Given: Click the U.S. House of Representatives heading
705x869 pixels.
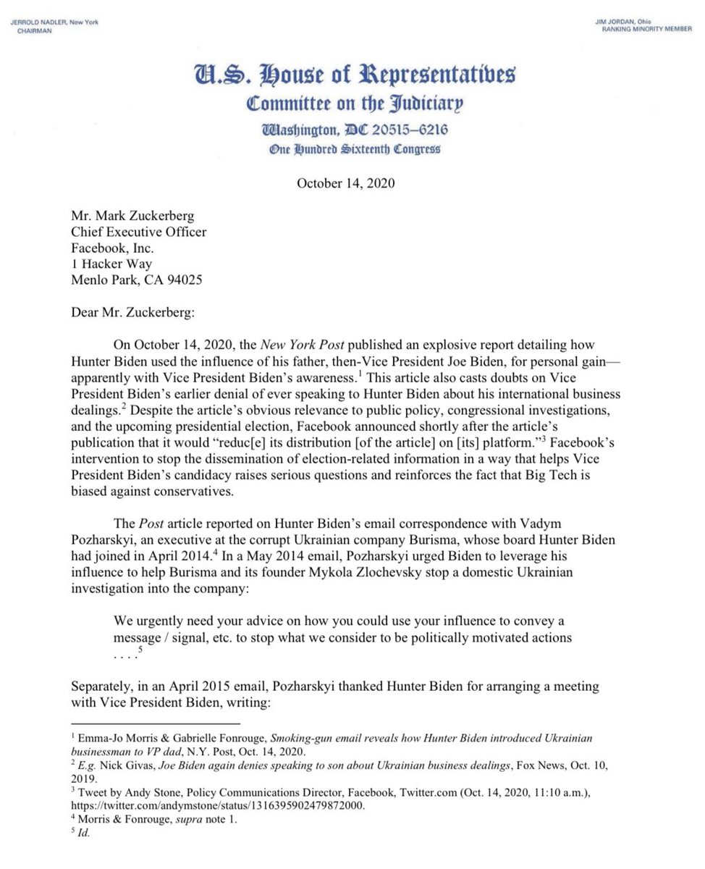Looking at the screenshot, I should coord(353,75).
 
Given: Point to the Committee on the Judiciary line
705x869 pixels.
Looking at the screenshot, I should coord(353,105).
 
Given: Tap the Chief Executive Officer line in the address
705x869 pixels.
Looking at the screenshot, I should coord(138,232).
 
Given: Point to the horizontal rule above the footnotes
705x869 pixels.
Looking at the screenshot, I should coord(155,723).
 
